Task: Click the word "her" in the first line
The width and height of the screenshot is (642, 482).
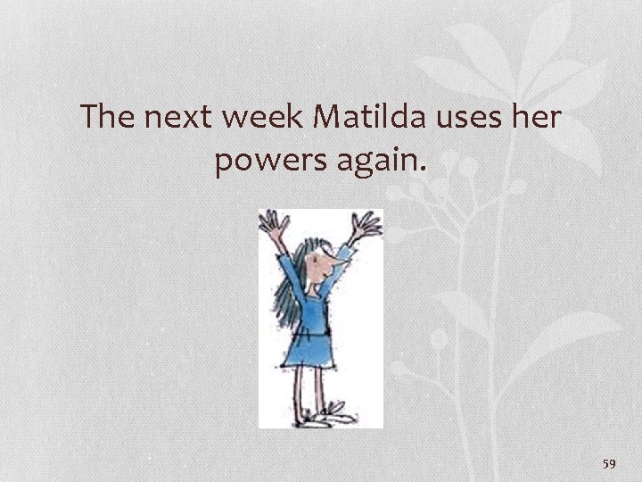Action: [538, 118]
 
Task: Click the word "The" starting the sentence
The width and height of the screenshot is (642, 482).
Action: [108, 118]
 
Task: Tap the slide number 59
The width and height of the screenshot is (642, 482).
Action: [610, 463]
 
